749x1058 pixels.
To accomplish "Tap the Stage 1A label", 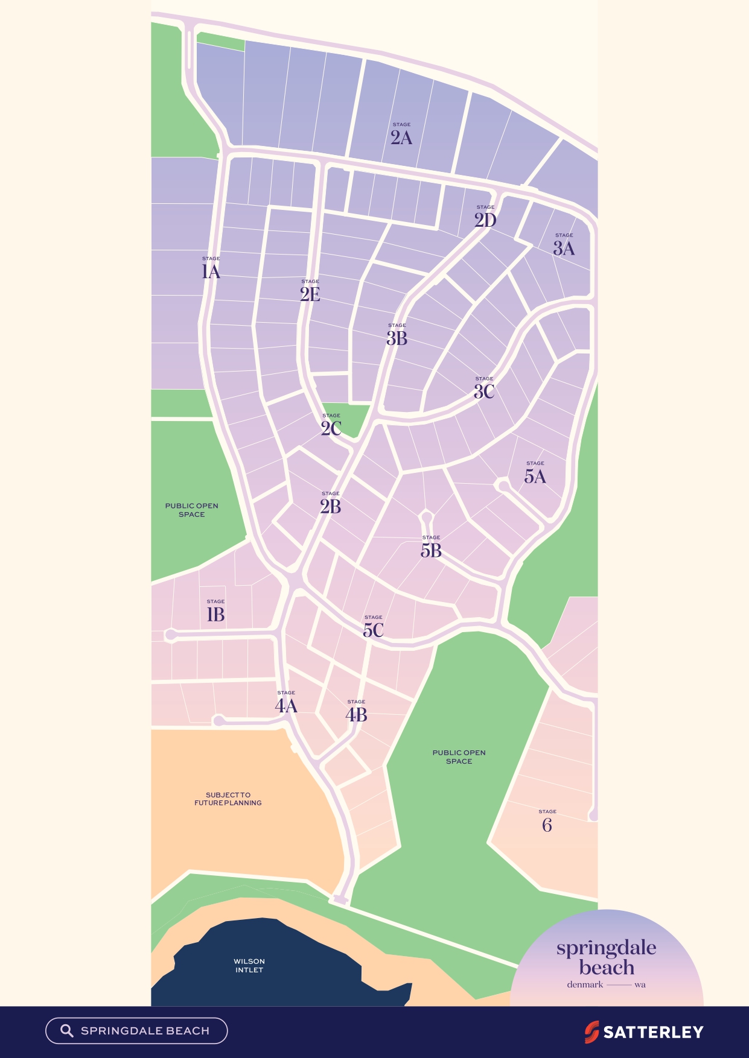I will (x=211, y=269).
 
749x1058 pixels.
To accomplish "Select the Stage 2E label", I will (x=310, y=292).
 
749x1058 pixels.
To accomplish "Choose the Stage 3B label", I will (x=397, y=336).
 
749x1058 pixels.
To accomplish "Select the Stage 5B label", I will (x=431, y=548).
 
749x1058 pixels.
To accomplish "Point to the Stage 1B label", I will (x=215, y=612).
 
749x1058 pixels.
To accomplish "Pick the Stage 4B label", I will (x=356, y=712).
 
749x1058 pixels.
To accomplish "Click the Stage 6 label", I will (x=547, y=823).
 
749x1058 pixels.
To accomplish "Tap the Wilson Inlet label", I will (x=249, y=965).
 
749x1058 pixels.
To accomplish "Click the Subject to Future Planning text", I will (x=228, y=799).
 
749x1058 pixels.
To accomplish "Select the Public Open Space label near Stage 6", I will (x=459, y=756).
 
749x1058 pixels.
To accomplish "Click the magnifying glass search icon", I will (x=66, y=1031).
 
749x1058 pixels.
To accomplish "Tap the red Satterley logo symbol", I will (x=591, y=1032).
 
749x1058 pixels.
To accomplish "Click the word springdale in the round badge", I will (x=606, y=948).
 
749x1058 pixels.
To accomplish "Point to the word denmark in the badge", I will (x=585, y=984).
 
